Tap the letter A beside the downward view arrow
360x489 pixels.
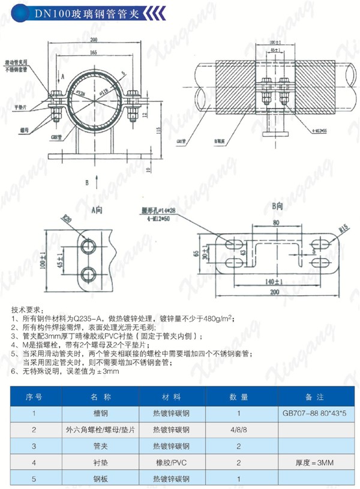pyautogui.click(x=62, y=77)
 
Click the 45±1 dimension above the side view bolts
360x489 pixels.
pyautogui.click(x=274, y=52)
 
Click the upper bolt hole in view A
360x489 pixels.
pyautogui.click(x=88, y=245)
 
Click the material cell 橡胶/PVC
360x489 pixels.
pyautogui.click(x=172, y=463)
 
